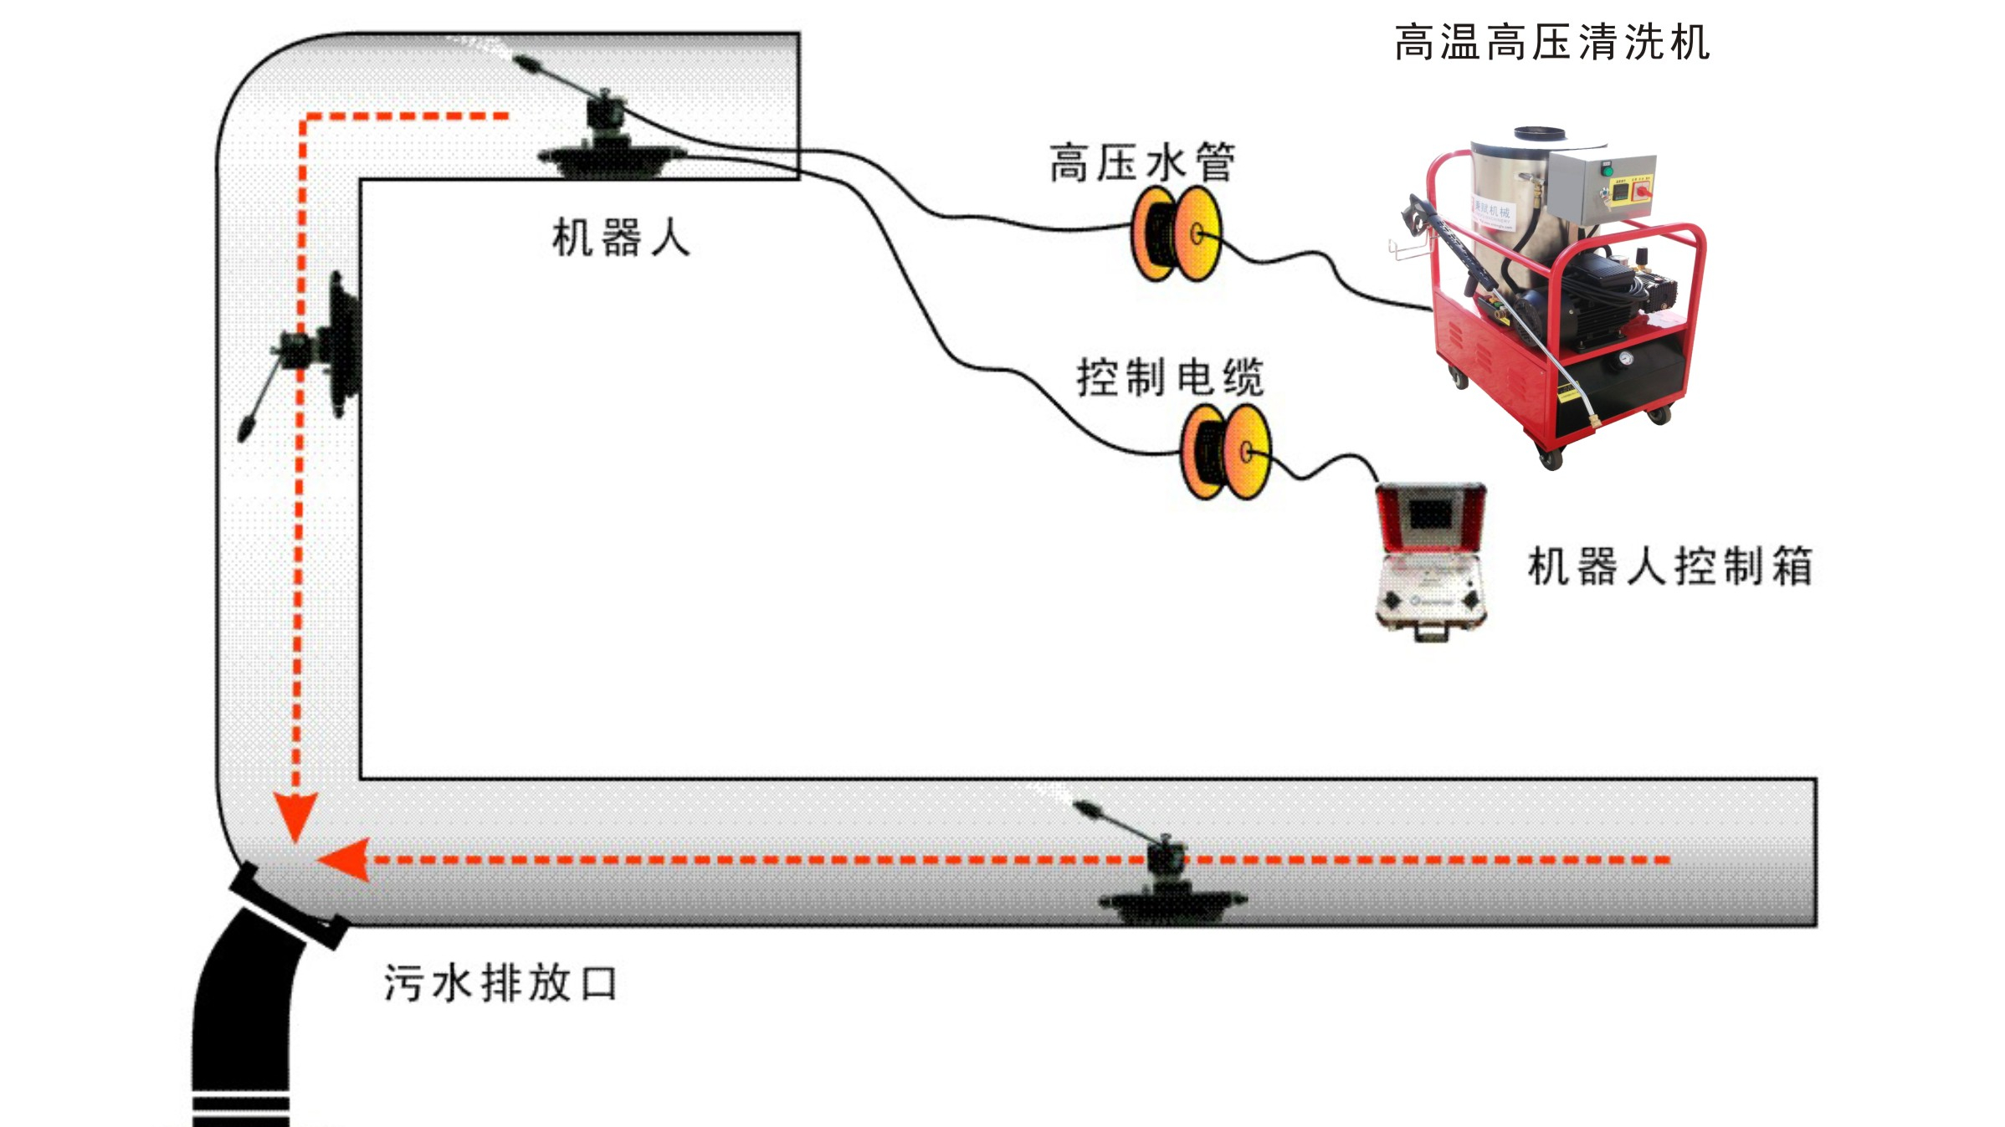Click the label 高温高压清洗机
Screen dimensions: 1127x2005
[1551, 43]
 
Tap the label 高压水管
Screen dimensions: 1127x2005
[1142, 162]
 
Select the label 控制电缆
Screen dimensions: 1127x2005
[1170, 377]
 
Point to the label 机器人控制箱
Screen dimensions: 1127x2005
[1670, 566]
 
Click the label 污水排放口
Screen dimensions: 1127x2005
[500, 983]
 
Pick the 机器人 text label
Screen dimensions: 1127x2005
[621, 238]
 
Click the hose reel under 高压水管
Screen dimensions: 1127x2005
[1176, 233]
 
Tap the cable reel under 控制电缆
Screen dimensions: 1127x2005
[1225, 453]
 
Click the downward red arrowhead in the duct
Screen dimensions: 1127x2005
[295, 815]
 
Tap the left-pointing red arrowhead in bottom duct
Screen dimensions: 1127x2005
[346, 860]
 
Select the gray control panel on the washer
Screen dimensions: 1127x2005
[1601, 189]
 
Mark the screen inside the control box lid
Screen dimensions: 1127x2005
[1430, 515]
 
